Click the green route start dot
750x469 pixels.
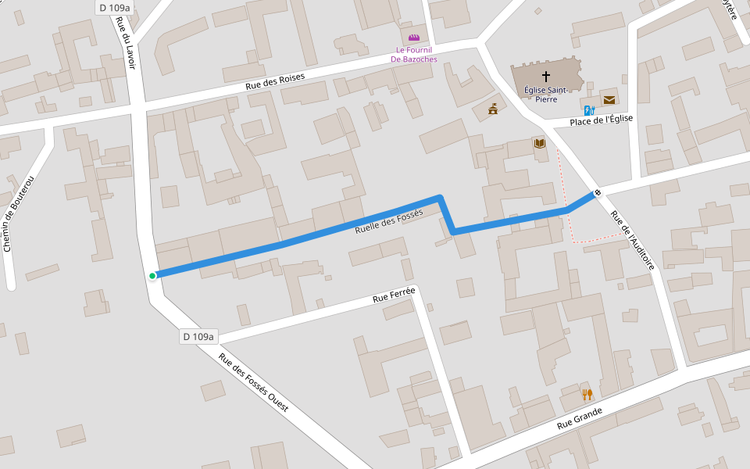152,275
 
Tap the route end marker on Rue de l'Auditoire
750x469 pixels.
598,192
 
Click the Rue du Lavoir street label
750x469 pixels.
126,43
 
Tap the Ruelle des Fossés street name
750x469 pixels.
388,221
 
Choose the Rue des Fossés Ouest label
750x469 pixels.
253,382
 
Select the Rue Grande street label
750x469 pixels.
580,418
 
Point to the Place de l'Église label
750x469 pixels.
601,120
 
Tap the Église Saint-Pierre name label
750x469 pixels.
545,95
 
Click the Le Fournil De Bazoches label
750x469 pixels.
414,55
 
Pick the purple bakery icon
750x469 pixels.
414,37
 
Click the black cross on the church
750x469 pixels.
545,76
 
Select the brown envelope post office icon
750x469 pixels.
609,99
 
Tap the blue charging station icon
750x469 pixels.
589,110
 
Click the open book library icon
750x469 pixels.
539,144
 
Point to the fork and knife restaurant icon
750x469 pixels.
587,395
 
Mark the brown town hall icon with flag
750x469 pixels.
493,109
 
